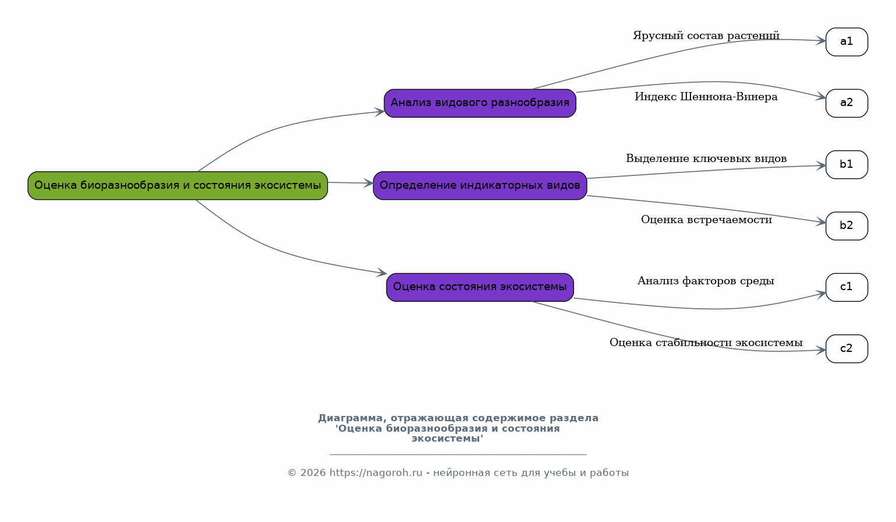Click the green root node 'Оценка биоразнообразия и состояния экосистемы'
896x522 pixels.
point(178,186)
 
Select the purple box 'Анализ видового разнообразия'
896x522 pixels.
point(480,103)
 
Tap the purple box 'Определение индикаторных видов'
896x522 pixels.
point(480,186)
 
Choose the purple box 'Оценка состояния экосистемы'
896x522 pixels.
point(480,287)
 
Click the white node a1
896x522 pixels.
point(847,42)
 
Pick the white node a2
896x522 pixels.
point(847,103)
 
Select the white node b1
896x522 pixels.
point(847,164)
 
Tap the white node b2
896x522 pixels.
point(847,226)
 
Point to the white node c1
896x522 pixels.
point(847,287)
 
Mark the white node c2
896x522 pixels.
point(847,348)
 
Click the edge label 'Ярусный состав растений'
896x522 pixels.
point(706,36)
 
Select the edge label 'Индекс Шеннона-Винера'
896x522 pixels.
point(706,97)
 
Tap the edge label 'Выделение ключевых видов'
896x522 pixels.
point(706,158)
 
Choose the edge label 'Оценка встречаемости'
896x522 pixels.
point(706,220)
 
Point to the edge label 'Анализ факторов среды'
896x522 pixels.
point(706,281)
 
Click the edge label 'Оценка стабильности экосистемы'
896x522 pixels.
point(706,343)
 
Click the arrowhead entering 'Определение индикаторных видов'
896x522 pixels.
point(368,184)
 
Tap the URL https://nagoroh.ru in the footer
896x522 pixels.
point(376,472)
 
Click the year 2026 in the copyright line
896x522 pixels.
point(313,472)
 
